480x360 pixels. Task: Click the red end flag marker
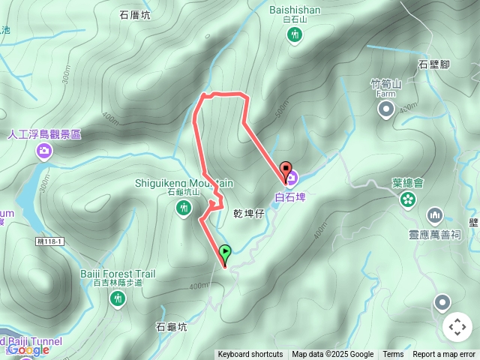[x=285, y=169]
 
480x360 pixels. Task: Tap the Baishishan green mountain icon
[x=295, y=34]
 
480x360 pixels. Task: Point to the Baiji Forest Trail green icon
[x=118, y=299]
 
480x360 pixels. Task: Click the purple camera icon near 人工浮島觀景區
[x=44, y=151]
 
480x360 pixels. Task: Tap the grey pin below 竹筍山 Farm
[x=385, y=111]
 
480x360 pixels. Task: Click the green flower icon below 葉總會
[x=407, y=199]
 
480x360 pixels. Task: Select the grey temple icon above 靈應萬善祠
[x=435, y=217]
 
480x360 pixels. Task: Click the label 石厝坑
[x=135, y=14]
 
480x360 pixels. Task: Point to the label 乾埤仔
[x=250, y=214]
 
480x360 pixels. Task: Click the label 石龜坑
[x=171, y=327]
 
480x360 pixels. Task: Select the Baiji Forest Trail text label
[x=118, y=274]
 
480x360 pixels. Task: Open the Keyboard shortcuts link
[x=250, y=355]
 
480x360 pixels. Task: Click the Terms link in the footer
[x=393, y=355]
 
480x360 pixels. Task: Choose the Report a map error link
[x=445, y=355]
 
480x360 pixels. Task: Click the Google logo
[x=28, y=350]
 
